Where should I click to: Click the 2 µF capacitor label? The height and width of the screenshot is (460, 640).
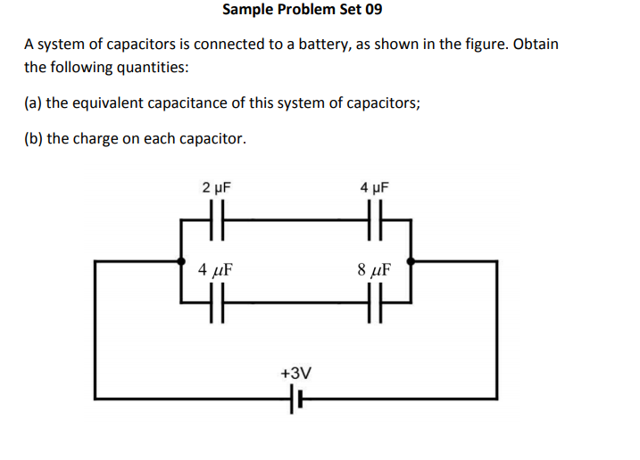coord(216,188)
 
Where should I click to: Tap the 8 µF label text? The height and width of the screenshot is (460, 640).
coord(375,267)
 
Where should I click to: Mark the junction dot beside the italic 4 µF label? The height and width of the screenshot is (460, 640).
coord(181,262)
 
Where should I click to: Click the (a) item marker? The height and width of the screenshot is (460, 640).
coord(33,103)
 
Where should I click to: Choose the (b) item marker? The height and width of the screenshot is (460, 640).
coord(33,138)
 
